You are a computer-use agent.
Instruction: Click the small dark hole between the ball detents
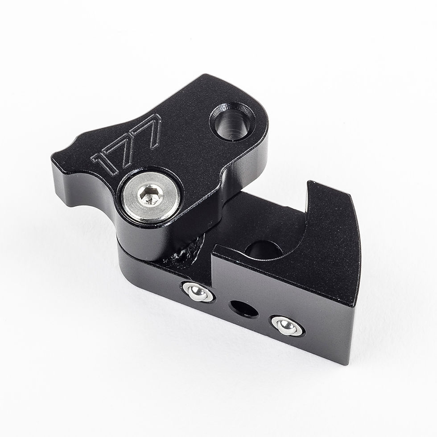point(244,309)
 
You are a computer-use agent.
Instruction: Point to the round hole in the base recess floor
point(264,250)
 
